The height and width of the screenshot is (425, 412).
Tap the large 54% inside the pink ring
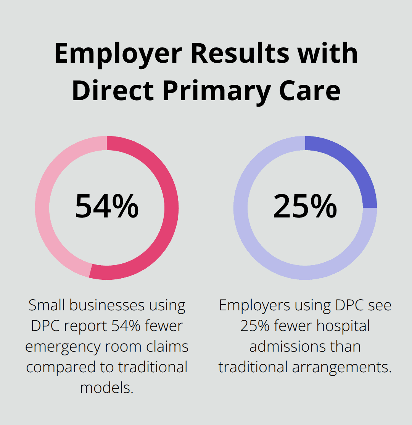(107, 206)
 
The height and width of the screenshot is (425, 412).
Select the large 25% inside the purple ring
(305, 206)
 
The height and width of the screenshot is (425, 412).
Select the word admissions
(285, 347)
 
